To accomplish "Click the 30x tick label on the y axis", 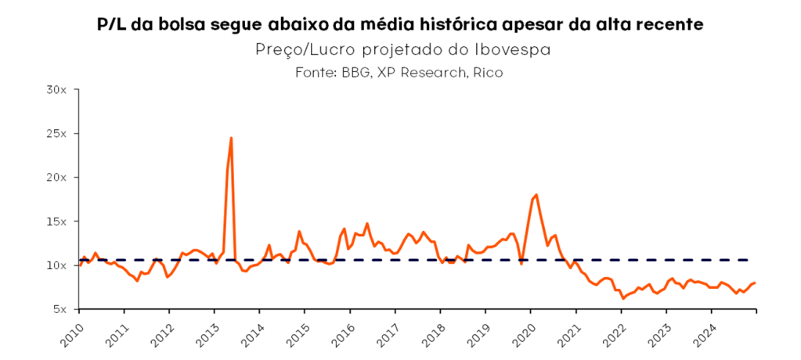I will tap(60, 89).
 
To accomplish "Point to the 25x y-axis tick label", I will tap(60, 133).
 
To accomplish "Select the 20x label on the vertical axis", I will tap(60, 177).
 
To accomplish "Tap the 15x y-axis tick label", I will tap(60, 221).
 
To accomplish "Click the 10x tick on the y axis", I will tap(60, 265).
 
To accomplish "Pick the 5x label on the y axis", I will tap(63, 309).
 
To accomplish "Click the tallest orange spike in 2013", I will tap(231, 139).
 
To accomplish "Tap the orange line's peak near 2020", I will tap(536, 195).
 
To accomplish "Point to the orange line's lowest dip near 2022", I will tap(623, 298).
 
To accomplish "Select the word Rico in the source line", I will tap(487, 72).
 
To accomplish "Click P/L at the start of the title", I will tap(113, 25).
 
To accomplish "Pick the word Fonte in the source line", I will tap(316, 72).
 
